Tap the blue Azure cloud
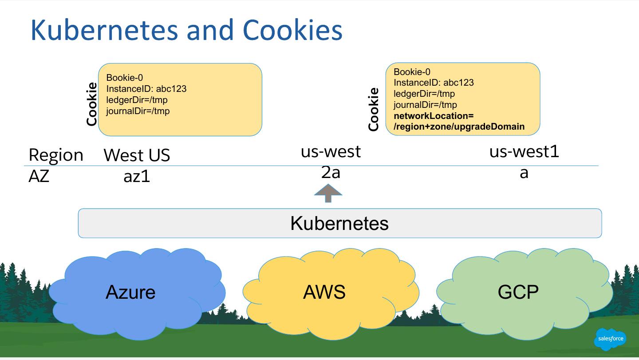click(131, 292)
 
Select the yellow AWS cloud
click(324, 292)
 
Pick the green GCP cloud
click(518, 292)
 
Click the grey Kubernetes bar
click(339, 223)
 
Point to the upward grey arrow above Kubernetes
click(328, 193)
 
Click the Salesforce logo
click(610, 339)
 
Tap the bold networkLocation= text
click(434, 116)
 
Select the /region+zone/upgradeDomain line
click(459, 127)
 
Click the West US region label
click(137, 155)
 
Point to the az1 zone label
click(137, 176)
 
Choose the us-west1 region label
click(524, 151)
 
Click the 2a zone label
click(331, 172)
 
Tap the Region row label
click(56, 155)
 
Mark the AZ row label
click(39, 176)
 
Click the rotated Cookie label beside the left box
click(92, 104)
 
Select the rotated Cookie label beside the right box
click(374, 109)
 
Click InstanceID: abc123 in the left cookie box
click(146, 89)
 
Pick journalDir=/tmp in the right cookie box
click(425, 105)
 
